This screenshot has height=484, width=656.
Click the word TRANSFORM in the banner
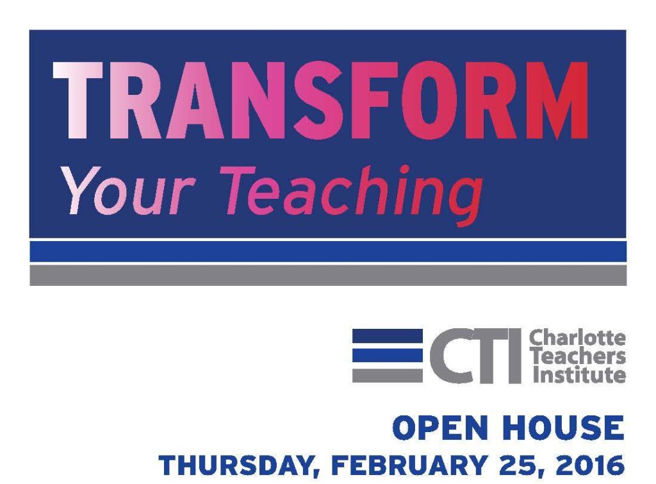[320, 101]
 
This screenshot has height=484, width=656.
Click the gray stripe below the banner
[328, 275]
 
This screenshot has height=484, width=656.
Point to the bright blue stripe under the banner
[328, 251]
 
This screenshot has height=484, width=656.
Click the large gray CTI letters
[476, 355]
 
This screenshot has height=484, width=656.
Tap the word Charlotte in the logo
[577, 338]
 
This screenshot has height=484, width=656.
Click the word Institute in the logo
[579, 374]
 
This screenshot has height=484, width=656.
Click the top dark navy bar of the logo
[388, 335]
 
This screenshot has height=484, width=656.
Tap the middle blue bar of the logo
[388, 355]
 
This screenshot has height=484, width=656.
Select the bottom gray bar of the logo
[388, 376]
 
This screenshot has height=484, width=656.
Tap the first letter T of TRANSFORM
[78, 101]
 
